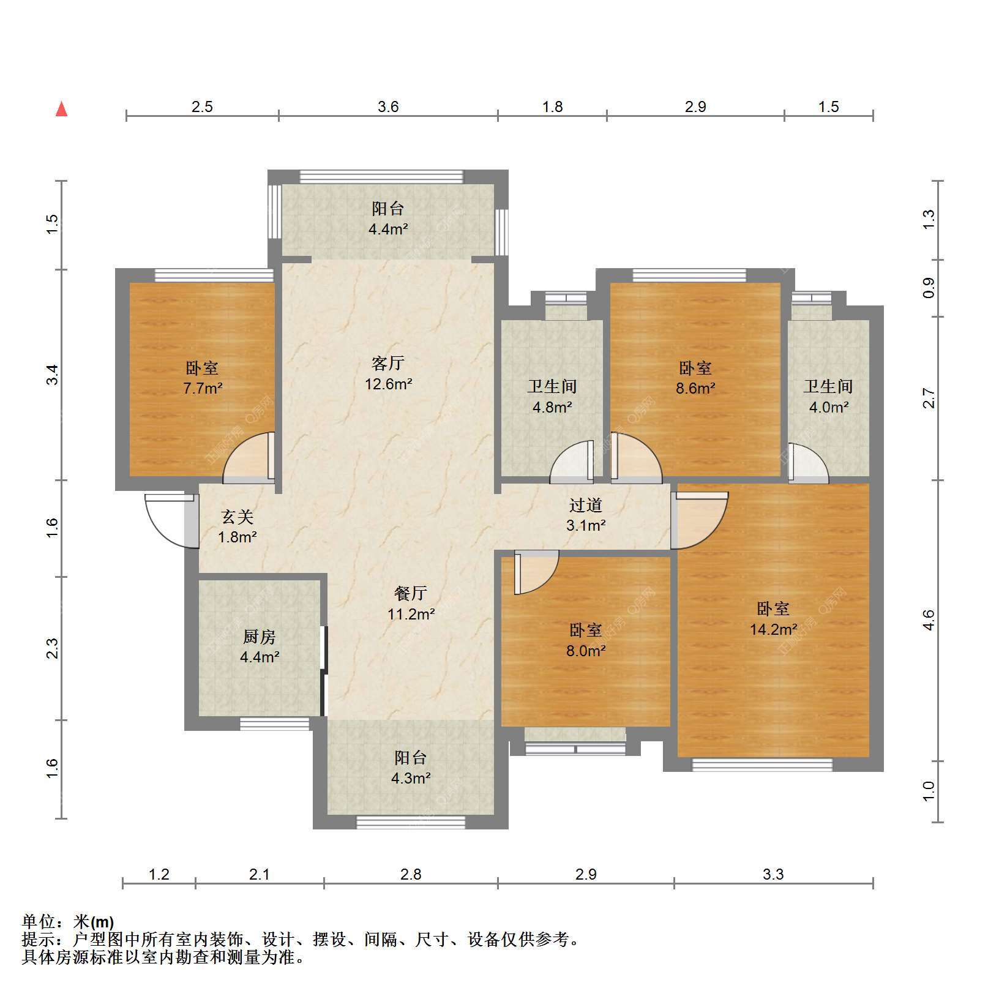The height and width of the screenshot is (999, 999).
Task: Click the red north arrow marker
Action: (x=61, y=109)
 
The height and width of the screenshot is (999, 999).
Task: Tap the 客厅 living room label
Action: (x=388, y=364)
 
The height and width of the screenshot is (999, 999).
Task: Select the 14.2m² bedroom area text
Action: (x=774, y=629)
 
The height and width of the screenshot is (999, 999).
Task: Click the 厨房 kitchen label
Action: (x=260, y=637)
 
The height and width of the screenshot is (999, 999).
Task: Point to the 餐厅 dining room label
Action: (x=411, y=593)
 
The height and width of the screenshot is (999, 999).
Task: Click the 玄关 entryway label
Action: (x=238, y=517)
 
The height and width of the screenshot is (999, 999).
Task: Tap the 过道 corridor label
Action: (x=586, y=505)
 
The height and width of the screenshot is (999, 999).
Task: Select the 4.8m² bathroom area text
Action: (x=552, y=407)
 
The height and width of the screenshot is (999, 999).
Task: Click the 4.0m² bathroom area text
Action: (x=829, y=407)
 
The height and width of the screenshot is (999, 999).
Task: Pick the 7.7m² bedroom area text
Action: (x=203, y=388)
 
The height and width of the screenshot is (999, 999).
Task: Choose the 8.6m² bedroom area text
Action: (x=696, y=388)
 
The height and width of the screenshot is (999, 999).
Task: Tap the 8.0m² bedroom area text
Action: (x=586, y=651)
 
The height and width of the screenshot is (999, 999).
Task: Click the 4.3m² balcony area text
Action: (x=411, y=779)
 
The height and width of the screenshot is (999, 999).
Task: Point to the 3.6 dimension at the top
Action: (x=388, y=107)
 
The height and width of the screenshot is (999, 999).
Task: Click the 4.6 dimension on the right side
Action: (x=929, y=621)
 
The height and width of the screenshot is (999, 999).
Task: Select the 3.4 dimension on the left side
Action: (x=53, y=375)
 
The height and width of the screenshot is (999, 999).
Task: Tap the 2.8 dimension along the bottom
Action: (x=411, y=875)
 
